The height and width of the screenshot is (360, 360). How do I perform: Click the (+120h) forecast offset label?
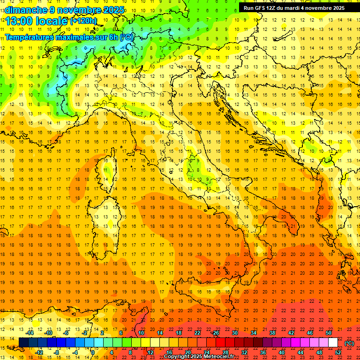point(83,21)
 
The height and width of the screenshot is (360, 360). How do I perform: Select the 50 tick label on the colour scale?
point(329,333)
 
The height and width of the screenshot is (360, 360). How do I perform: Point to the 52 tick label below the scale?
point(338,352)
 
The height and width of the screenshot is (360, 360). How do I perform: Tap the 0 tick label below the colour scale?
point(93,352)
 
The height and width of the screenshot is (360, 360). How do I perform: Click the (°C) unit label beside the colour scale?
point(349,343)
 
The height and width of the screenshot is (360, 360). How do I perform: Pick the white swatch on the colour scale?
point(333,343)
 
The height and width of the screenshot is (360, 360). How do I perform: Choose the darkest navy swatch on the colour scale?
point(23,343)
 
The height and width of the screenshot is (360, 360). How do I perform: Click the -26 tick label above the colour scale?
point(215,333)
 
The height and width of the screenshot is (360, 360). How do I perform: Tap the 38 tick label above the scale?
point(272,333)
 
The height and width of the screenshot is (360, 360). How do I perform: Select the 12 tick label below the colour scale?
point(150,352)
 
